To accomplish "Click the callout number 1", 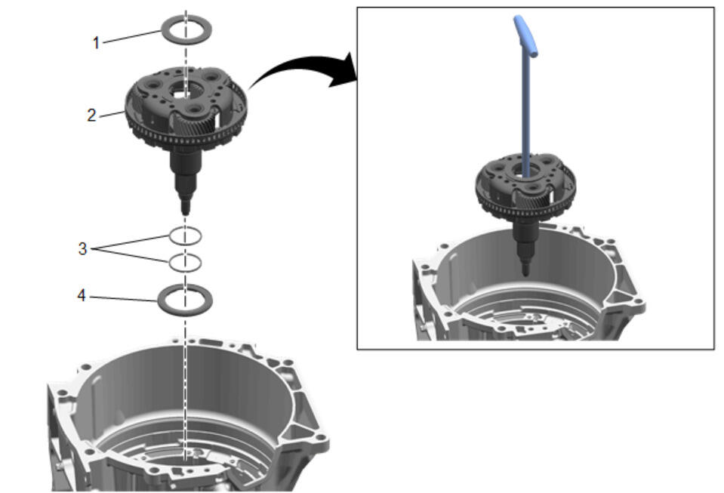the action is [96, 43].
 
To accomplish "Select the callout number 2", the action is [91, 115].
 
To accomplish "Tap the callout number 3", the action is [82, 249].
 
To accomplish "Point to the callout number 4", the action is [82, 295].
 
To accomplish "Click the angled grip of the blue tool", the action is [525, 35].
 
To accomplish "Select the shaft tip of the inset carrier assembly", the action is [525, 272].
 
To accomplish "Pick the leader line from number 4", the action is [124, 299].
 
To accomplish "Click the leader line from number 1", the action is [131, 36].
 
